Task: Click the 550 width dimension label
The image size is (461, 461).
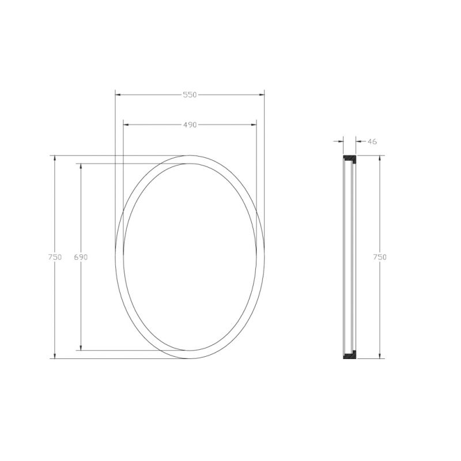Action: pyautogui.click(x=190, y=95)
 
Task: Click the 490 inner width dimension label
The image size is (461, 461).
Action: pyautogui.click(x=190, y=125)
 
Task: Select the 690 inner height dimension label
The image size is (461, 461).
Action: pyautogui.click(x=81, y=257)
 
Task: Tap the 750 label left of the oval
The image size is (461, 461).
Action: pyautogui.click(x=55, y=257)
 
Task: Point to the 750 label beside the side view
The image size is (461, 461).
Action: pyautogui.click(x=380, y=257)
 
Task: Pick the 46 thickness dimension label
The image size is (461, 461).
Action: pyautogui.click(x=372, y=142)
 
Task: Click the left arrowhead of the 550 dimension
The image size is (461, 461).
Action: pyautogui.click(x=118, y=95)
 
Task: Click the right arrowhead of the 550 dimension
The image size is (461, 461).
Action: pyautogui.click(x=262, y=95)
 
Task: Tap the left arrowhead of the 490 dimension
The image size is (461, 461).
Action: pyautogui.click(x=126, y=124)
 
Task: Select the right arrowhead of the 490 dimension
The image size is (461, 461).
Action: pyautogui.click(x=254, y=124)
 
